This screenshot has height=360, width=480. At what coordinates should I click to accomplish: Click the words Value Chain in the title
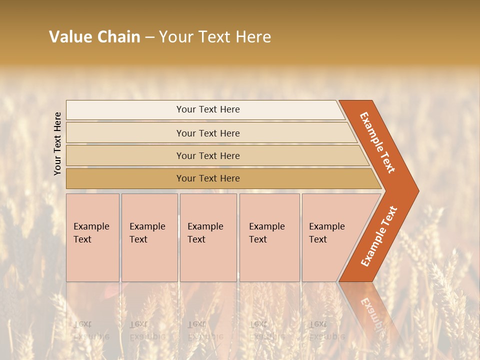(94, 37)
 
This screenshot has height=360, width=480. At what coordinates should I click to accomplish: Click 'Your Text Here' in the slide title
(215, 37)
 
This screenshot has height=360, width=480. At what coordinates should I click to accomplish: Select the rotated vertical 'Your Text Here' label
(57, 143)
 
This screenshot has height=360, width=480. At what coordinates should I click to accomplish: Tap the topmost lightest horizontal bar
(207, 109)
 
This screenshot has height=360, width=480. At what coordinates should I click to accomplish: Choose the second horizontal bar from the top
(207, 133)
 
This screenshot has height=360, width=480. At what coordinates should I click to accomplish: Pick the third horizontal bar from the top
(207, 155)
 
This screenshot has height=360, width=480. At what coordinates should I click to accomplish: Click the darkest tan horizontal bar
(207, 178)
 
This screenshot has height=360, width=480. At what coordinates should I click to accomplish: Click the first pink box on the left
(92, 237)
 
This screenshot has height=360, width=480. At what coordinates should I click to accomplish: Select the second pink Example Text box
(149, 237)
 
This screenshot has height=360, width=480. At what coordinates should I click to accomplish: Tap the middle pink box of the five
(208, 237)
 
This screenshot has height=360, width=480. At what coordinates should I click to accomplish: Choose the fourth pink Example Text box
(269, 237)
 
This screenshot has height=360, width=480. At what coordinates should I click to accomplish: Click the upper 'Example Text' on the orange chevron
(378, 142)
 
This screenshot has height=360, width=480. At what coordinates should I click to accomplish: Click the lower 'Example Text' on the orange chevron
(379, 236)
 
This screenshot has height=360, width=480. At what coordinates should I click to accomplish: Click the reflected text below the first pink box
(90, 330)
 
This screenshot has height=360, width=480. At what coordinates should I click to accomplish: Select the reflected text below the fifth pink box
(326, 330)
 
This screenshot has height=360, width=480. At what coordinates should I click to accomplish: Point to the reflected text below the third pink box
(205, 330)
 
